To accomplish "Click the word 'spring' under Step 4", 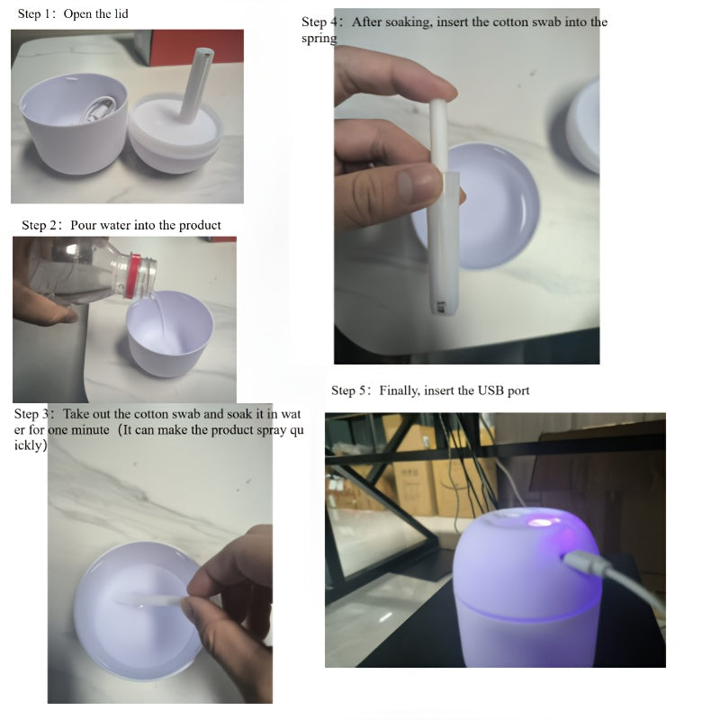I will [319, 39].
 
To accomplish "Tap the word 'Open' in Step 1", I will [78, 13].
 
